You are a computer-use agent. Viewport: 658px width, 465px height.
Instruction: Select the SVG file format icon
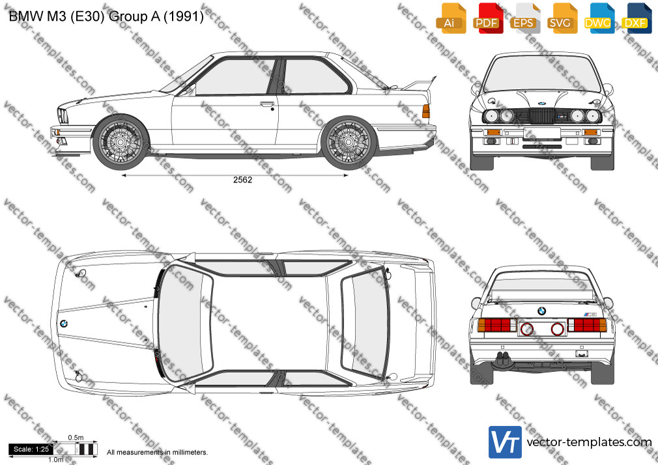(562, 18)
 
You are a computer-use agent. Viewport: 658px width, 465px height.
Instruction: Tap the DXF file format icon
(637, 18)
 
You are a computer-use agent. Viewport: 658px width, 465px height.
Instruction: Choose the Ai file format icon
(450, 18)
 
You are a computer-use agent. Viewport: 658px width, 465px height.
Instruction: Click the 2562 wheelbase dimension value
(242, 180)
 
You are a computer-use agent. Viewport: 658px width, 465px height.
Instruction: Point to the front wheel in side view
(121, 142)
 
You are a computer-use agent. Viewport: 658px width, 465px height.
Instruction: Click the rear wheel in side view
(349, 142)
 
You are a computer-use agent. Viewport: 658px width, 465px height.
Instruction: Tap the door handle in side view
(267, 104)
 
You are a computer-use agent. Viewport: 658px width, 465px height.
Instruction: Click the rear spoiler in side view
(420, 84)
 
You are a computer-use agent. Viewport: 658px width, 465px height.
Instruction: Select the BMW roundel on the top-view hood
(63, 324)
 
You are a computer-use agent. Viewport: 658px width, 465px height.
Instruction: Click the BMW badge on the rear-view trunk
(542, 311)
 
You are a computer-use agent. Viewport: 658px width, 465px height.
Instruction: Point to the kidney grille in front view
(541, 116)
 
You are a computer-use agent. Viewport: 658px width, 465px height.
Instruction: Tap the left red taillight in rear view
(497, 325)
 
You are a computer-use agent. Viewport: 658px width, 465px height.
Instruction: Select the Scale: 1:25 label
(31, 449)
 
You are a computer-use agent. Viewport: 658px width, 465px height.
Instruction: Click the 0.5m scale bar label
(76, 438)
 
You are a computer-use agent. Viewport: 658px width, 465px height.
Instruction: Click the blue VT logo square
(506, 442)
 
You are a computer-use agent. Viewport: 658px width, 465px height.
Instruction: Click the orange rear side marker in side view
(426, 111)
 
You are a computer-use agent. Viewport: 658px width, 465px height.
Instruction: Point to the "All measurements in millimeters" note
(158, 453)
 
